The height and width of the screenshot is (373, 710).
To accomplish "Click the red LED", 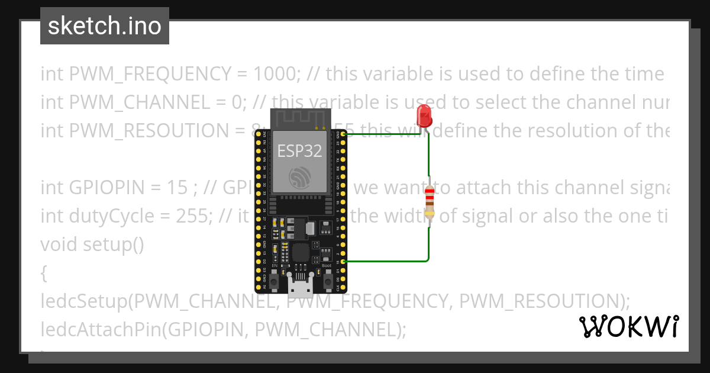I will [x=424, y=115].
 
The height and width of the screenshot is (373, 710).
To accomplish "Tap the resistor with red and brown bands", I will [x=429, y=202].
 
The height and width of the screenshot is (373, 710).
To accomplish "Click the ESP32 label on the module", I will [x=300, y=151].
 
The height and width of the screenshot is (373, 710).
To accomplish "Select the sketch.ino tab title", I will [x=105, y=26].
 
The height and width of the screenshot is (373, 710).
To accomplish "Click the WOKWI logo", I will [x=629, y=327].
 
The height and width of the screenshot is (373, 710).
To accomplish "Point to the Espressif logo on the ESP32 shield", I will [x=300, y=177].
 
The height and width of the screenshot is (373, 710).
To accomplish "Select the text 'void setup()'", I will [x=92, y=245].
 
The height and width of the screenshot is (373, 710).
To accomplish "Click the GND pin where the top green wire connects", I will [x=344, y=134].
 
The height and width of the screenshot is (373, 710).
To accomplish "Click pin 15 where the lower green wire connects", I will [x=344, y=261].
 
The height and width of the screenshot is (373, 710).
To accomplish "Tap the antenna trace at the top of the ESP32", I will [x=300, y=119].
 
